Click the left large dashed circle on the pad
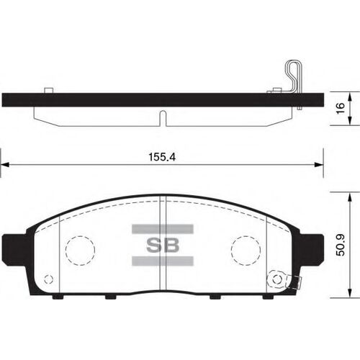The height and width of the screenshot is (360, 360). click(x=80, y=250)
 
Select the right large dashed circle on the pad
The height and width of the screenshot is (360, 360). click(x=245, y=250)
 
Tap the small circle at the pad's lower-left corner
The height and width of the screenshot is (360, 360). click(x=48, y=279)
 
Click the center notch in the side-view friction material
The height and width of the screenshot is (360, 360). click(x=163, y=115)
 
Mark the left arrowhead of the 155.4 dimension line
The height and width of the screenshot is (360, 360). click(x=4, y=166)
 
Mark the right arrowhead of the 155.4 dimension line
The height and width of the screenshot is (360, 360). click(x=319, y=166)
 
